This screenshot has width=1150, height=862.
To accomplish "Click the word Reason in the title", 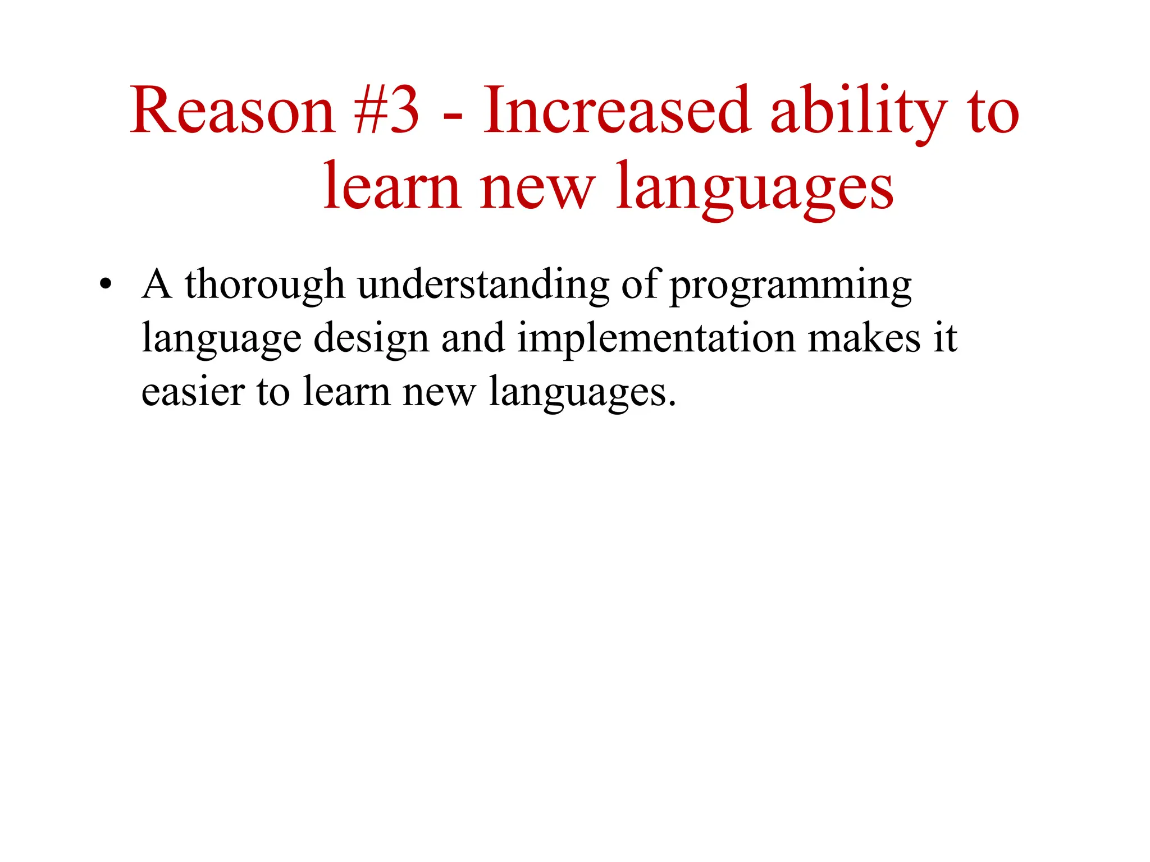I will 232,111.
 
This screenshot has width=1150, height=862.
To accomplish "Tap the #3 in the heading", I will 387,111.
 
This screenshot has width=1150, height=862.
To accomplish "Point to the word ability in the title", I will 859,111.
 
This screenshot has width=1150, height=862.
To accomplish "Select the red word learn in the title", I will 392,186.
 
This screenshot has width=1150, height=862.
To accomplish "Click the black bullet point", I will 105,285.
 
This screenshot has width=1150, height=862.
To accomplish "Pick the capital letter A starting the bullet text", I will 156,284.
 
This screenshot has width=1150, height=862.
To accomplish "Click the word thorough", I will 264,285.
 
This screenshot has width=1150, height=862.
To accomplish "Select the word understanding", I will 483,284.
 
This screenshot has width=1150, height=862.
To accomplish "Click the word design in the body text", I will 371,339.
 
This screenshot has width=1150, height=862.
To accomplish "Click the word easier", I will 192,391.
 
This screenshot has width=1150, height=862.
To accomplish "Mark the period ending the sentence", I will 672,404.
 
